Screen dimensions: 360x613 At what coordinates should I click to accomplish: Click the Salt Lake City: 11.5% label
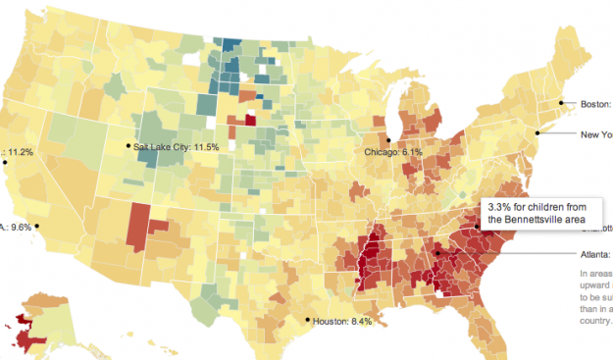click(x=177, y=147)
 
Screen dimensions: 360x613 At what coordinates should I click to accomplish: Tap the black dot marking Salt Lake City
click(x=128, y=146)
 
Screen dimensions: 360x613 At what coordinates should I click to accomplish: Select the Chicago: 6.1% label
click(x=394, y=153)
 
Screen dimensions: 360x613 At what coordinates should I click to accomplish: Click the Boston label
click(x=594, y=103)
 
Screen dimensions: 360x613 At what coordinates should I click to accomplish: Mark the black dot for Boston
click(x=562, y=102)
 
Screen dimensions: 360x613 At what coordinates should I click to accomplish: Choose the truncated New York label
click(x=596, y=134)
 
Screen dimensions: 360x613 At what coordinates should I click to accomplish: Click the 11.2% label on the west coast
click(x=20, y=152)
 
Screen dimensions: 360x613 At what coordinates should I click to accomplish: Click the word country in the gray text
click(x=596, y=319)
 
